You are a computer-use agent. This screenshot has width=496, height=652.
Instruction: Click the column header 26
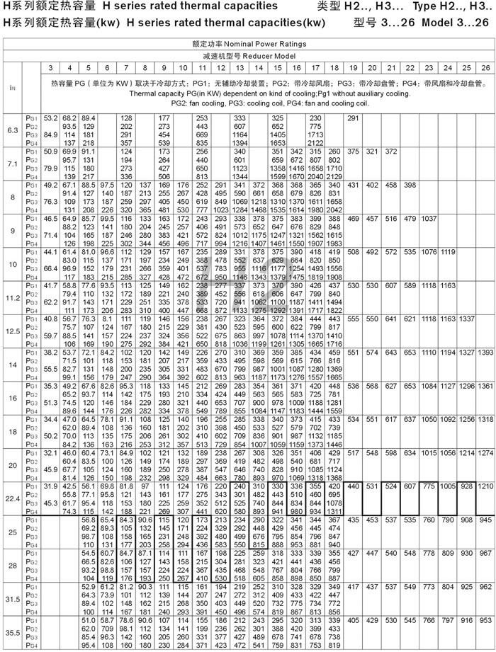coord(485,67)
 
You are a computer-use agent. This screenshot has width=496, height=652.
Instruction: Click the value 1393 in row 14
coord(485,352)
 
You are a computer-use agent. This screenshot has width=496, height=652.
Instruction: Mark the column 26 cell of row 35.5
coord(485,619)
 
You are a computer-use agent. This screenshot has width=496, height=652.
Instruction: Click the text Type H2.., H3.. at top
coord(453,6)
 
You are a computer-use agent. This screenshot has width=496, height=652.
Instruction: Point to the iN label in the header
coord(11,88)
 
